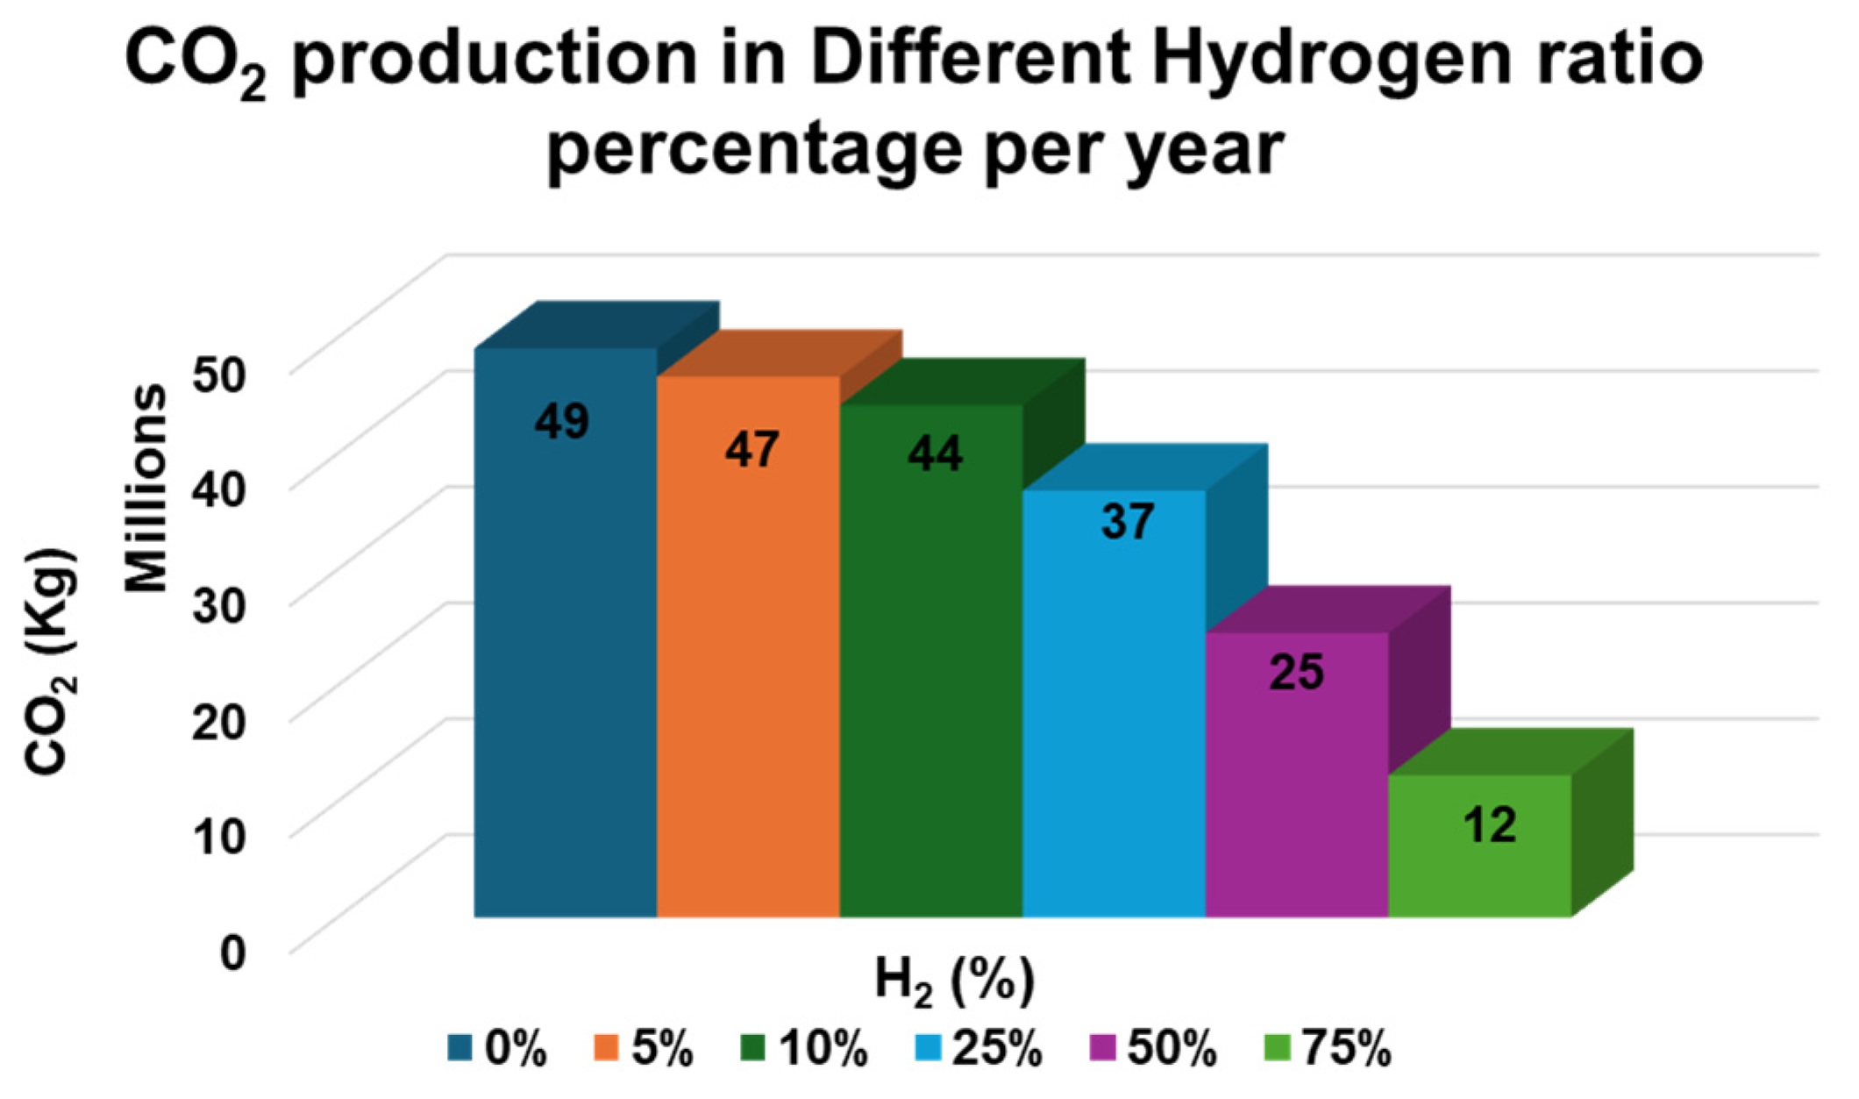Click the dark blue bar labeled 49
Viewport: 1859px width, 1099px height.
coord(566,632)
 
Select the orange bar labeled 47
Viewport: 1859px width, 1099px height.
coord(748,649)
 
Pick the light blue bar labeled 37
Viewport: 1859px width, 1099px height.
coord(1114,702)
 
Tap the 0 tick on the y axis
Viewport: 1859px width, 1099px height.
coord(232,952)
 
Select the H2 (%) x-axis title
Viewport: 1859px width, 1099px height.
coord(955,981)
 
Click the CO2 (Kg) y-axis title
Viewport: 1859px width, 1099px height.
coord(51,662)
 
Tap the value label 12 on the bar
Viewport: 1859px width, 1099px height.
coord(1490,824)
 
